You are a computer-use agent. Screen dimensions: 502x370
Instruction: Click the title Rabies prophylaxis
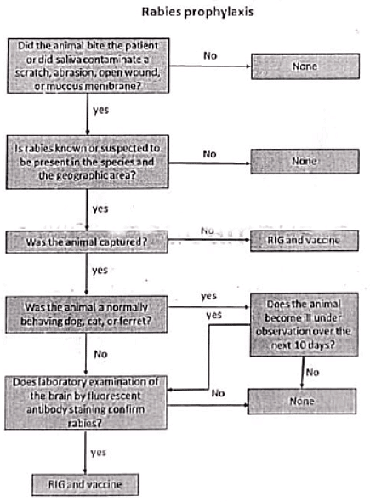coord(185,12)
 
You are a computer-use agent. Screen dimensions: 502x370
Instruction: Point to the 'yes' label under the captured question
coord(100,270)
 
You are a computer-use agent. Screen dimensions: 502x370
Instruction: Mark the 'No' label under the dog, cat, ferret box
coord(100,351)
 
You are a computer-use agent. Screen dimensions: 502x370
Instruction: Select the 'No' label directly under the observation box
coord(312,371)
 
